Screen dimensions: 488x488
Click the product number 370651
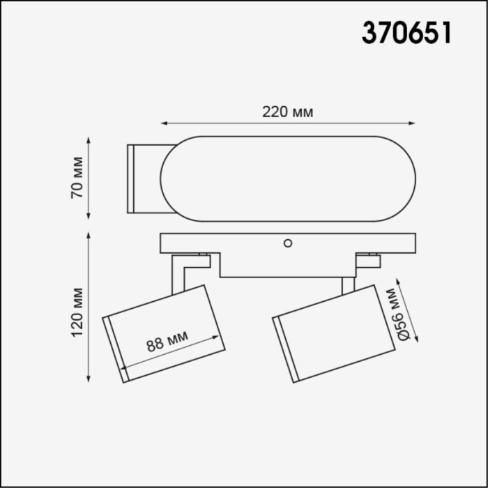(x=406, y=33)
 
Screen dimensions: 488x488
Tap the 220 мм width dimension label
(x=287, y=112)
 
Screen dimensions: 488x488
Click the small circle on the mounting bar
(x=287, y=243)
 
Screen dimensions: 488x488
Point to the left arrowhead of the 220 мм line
(x=165, y=124)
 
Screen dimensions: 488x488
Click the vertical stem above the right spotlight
(x=347, y=285)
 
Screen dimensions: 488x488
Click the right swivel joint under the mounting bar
(x=367, y=261)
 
